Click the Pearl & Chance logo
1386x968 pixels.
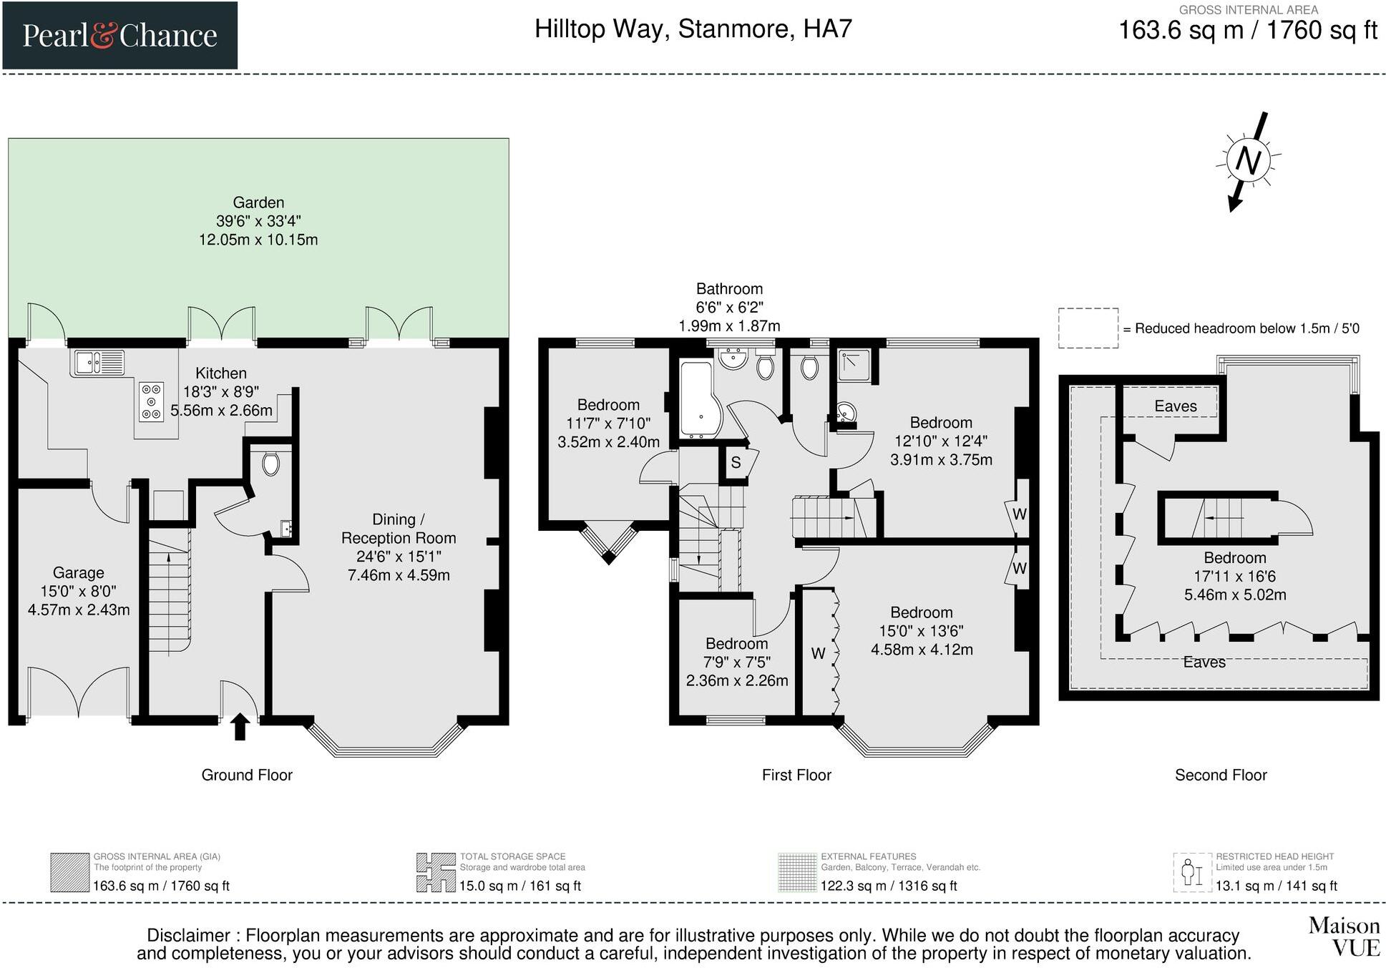(x=119, y=35)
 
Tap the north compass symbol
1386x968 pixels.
(x=1248, y=160)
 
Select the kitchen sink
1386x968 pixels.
(x=97, y=363)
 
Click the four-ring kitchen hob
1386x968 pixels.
(x=151, y=401)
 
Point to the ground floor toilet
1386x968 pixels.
(x=270, y=464)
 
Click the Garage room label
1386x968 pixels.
(x=78, y=572)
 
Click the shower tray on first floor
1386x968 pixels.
(x=854, y=365)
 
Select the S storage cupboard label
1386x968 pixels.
(x=736, y=463)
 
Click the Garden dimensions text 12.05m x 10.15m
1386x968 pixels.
(x=258, y=240)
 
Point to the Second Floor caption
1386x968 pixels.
(x=1220, y=775)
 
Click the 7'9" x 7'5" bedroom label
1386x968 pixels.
(x=736, y=662)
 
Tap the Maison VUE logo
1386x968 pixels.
(x=1344, y=937)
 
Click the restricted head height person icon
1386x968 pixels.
(x=1191, y=873)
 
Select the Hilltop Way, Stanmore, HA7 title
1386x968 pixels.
(x=693, y=29)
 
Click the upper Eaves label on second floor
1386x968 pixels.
(x=1175, y=406)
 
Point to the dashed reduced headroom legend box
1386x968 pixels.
(x=1088, y=328)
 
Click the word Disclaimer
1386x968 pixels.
(x=188, y=935)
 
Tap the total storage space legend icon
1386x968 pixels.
(x=436, y=872)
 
